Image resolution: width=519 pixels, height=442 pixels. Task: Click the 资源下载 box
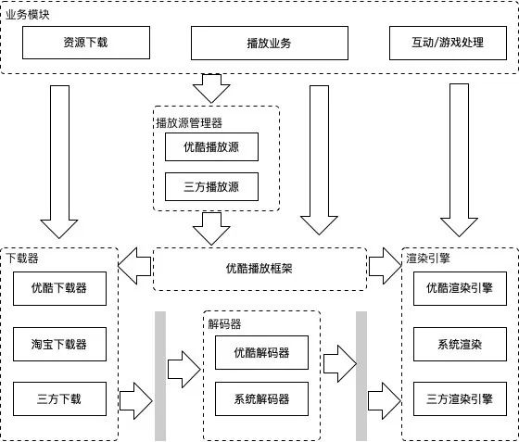(85, 43)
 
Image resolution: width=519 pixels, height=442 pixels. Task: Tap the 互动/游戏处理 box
(448, 44)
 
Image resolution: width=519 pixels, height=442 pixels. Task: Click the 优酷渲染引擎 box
(460, 288)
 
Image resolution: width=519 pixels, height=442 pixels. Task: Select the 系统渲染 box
(460, 344)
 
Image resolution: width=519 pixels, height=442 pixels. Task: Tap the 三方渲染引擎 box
(460, 399)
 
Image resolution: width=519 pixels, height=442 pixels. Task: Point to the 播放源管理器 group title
(189, 121)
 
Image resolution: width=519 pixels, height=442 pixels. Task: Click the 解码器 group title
(224, 324)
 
